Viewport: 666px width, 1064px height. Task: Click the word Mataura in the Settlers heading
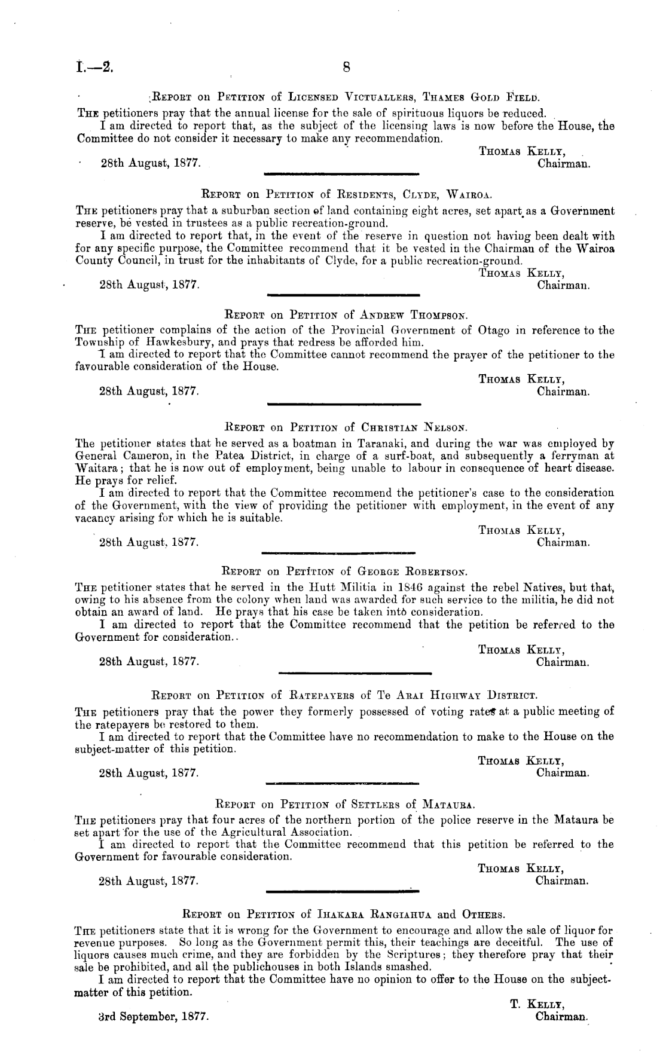(x=449, y=803)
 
